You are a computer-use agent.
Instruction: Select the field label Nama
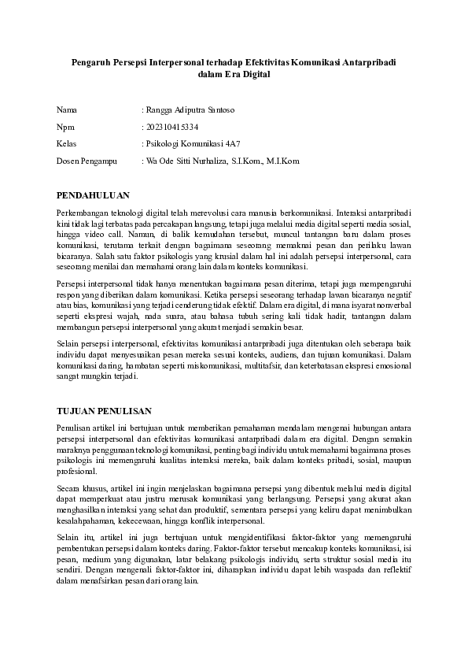pos(67,109)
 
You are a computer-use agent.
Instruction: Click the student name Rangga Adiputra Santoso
pos(190,109)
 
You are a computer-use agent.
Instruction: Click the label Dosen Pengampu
pos(87,161)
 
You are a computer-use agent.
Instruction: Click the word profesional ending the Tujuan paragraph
pos(76,472)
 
